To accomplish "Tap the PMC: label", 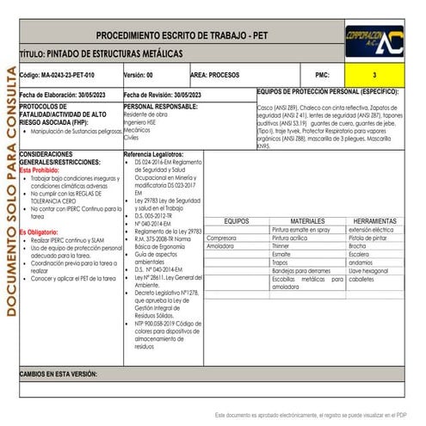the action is [x=323, y=76].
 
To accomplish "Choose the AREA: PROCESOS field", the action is [x=214, y=76].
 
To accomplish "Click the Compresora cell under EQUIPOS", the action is [x=221, y=238].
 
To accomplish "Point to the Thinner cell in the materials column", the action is [x=281, y=246].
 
